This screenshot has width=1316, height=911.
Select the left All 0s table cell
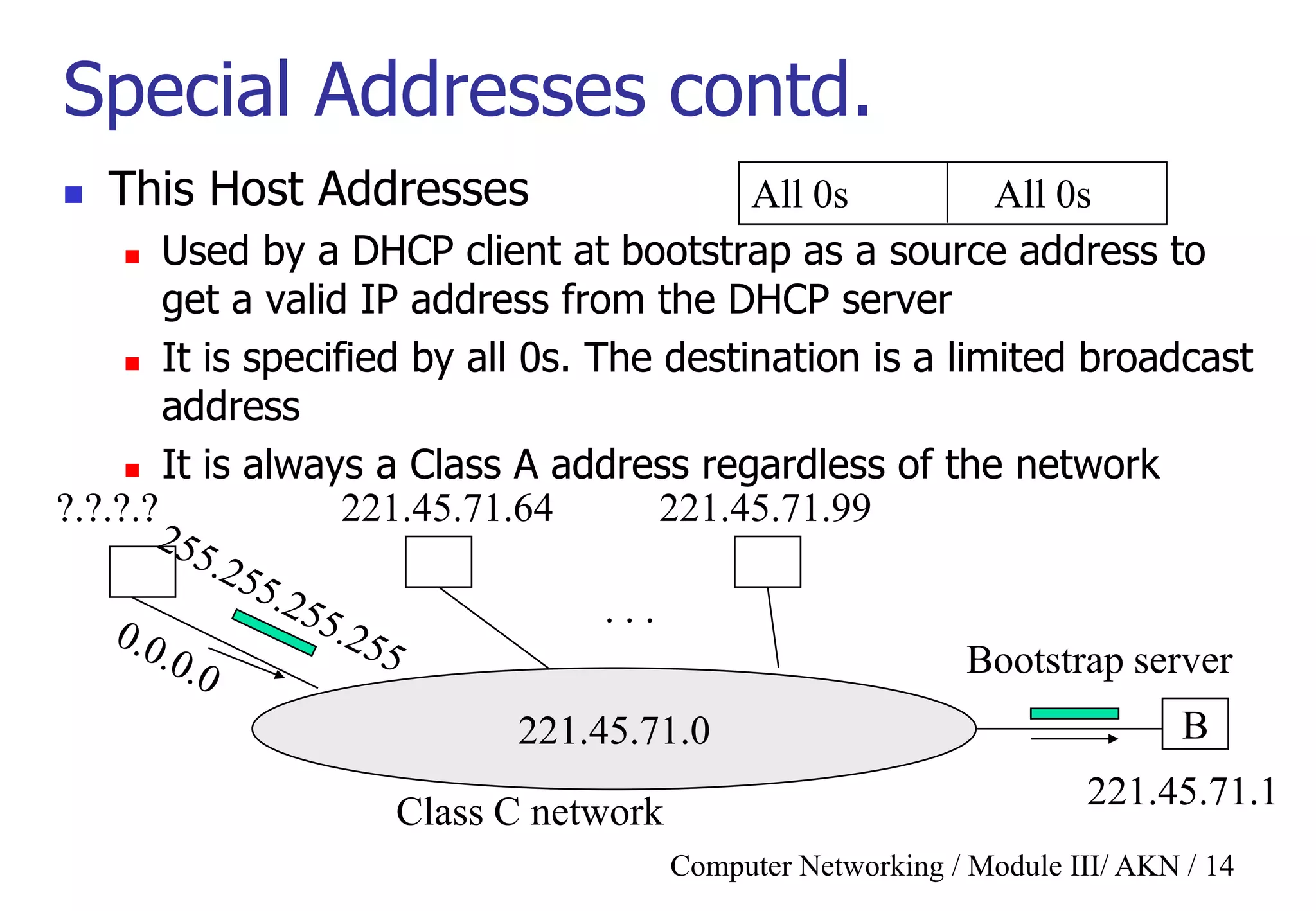click(x=842, y=193)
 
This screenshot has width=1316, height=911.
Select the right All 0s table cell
click(x=1056, y=193)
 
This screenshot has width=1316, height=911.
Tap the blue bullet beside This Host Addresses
click(x=73, y=195)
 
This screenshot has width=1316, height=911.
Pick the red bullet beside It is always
click(x=132, y=470)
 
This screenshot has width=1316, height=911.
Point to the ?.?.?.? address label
click(x=107, y=509)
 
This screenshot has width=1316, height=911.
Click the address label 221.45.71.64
click(x=447, y=509)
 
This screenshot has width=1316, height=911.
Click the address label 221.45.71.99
click(x=765, y=509)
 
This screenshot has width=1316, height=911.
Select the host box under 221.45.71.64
click(x=438, y=562)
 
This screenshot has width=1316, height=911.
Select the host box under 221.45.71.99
click(x=767, y=562)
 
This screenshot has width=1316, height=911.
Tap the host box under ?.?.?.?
click(x=142, y=571)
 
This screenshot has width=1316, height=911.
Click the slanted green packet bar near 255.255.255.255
click(x=274, y=632)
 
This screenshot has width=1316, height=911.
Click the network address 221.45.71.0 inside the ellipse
click(x=614, y=731)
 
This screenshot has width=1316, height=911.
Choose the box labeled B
click(x=1195, y=724)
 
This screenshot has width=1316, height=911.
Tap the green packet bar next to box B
click(x=1074, y=713)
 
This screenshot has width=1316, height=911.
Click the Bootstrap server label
click(x=1099, y=660)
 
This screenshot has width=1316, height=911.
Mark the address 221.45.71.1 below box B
click(x=1181, y=792)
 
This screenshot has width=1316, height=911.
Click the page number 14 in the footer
click(x=1219, y=866)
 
